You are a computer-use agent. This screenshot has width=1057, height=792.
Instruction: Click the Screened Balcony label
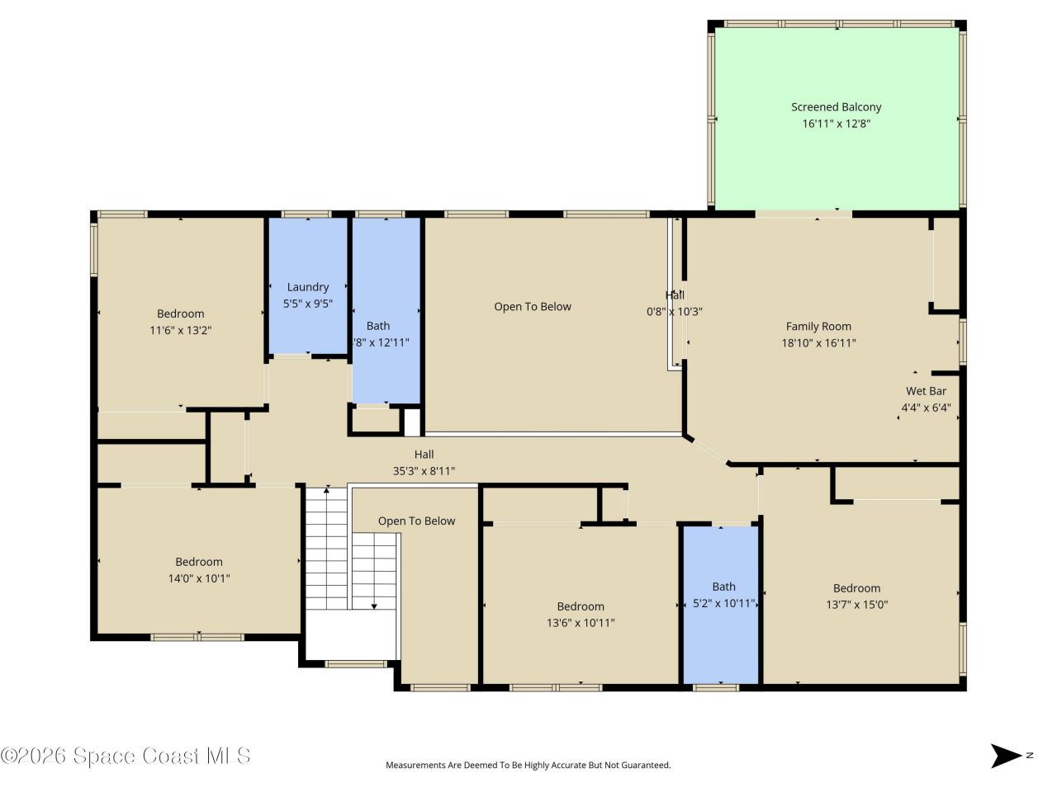[836, 107]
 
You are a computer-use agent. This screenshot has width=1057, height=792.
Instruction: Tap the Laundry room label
[308, 287]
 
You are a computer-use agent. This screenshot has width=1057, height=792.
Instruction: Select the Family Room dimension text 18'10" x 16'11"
[818, 343]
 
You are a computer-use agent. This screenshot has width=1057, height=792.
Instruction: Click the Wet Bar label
[926, 391]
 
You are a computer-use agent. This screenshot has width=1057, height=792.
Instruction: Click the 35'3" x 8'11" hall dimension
[424, 471]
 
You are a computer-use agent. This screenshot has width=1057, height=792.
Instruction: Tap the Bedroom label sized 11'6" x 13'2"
[180, 313]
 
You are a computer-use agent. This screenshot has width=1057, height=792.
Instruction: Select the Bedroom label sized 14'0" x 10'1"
[198, 562]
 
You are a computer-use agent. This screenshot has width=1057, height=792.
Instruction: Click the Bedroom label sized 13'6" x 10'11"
[580, 606]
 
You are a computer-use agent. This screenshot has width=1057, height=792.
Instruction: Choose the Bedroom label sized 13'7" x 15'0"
[856, 588]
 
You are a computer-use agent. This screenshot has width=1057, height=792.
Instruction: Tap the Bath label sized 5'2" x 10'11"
[723, 587]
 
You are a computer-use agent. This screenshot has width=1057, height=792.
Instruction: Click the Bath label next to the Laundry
[378, 326]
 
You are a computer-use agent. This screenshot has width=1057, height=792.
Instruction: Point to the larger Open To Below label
[533, 307]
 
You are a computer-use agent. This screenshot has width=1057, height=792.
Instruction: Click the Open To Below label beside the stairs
[416, 521]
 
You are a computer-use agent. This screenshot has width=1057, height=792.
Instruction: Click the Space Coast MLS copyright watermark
[126, 756]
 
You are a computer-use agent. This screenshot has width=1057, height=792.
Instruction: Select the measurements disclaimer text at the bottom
[528, 766]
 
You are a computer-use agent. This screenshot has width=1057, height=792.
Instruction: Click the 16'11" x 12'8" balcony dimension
[836, 124]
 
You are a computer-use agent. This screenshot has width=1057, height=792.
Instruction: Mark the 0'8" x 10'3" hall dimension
[674, 312]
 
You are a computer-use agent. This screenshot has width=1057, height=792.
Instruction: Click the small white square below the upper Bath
[411, 422]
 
